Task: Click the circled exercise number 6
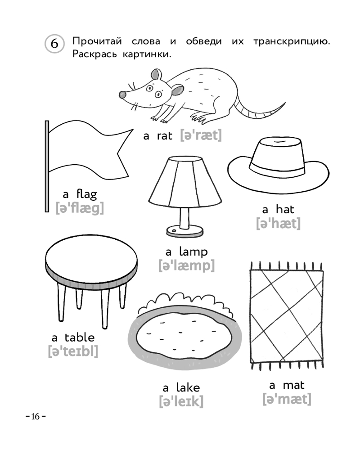(x=54, y=44)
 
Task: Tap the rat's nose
(x=122, y=94)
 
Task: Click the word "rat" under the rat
(x=165, y=136)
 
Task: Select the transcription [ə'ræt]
(x=201, y=135)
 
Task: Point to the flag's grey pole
(x=47, y=166)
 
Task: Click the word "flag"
(x=87, y=194)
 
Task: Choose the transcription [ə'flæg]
(x=80, y=208)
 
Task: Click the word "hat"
(x=285, y=210)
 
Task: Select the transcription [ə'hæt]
(x=279, y=223)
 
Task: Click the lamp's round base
(x=184, y=231)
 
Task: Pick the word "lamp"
(x=193, y=252)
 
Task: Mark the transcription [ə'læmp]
(x=187, y=265)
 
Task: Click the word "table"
(x=80, y=337)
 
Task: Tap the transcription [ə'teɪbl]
(x=73, y=351)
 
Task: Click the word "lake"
(x=188, y=388)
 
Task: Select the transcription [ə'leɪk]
(x=181, y=401)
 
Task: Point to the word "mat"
(x=293, y=385)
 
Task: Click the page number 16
(x=36, y=416)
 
